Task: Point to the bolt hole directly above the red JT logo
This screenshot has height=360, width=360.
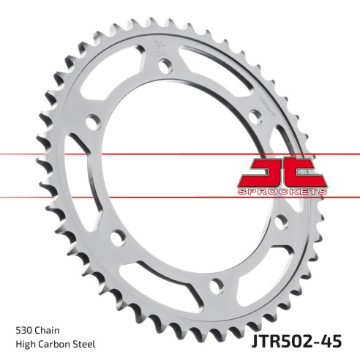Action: (x=254, y=115)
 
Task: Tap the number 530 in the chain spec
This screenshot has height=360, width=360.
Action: (x=23, y=329)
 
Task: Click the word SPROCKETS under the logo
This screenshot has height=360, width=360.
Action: (x=281, y=191)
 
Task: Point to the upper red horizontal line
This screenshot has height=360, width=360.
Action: (x=44, y=154)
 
